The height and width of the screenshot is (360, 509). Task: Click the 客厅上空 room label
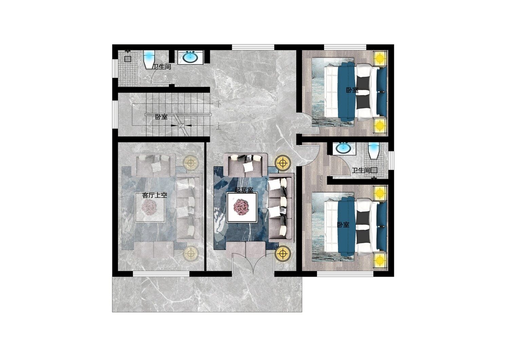(x=154, y=195)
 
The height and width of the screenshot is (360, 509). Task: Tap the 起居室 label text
(x=244, y=190)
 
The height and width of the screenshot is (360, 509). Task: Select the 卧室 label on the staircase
(x=161, y=117)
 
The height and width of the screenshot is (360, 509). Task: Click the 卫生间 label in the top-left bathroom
(x=162, y=67)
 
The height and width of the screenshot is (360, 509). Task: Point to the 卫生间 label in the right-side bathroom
(x=361, y=170)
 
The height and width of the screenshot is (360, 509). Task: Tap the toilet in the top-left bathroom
(x=149, y=59)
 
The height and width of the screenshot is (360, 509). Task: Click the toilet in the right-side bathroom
(x=373, y=150)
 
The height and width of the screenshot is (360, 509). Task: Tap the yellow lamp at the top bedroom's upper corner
(x=380, y=58)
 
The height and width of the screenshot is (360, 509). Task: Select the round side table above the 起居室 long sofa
(x=282, y=163)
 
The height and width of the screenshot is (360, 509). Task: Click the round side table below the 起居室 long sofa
(x=282, y=253)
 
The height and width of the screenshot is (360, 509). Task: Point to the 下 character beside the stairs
(x=219, y=104)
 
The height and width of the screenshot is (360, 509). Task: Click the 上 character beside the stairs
(x=219, y=126)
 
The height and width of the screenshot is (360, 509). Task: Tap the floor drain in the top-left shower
(x=128, y=59)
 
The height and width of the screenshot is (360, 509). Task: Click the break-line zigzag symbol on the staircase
(x=181, y=125)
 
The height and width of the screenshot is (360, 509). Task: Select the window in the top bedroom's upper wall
(x=345, y=47)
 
